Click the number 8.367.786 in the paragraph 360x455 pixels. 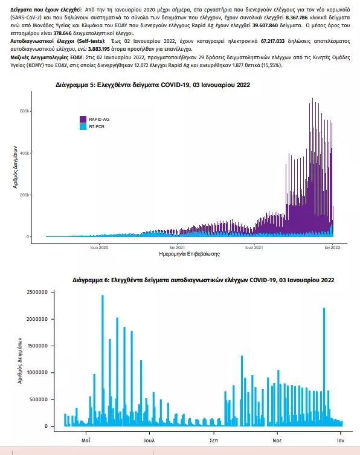[297, 18]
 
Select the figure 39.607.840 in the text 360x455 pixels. [265, 25]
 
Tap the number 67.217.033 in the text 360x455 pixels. [272, 41]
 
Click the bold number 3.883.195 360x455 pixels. [99, 49]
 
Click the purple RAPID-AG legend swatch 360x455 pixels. [83, 119]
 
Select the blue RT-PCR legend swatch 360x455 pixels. [83, 126]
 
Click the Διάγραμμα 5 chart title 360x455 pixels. [153, 85]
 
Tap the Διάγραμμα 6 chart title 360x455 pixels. [204, 280]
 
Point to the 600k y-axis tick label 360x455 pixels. [24, 111]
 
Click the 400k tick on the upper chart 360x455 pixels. [24, 153]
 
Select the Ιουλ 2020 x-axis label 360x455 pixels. [99, 248]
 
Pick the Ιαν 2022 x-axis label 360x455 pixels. [332, 248]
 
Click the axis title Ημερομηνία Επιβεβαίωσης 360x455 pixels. [190, 254]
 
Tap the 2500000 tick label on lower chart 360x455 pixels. [37, 292]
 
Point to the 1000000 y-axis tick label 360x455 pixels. [37, 373]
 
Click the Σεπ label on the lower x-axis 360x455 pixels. [213, 440]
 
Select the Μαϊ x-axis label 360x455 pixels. [86, 440]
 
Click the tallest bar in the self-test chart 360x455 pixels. [103, 360]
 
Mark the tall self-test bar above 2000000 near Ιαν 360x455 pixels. [324, 367]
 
